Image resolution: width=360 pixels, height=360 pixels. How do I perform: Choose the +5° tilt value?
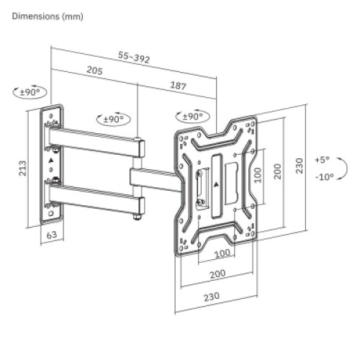click(x=322, y=160)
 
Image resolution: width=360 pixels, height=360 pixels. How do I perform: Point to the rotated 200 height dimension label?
click(x=276, y=174)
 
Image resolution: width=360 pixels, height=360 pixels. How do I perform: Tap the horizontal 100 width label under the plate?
click(x=221, y=253)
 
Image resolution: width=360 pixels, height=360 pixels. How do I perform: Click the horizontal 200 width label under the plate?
click(x=217, y=275)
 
